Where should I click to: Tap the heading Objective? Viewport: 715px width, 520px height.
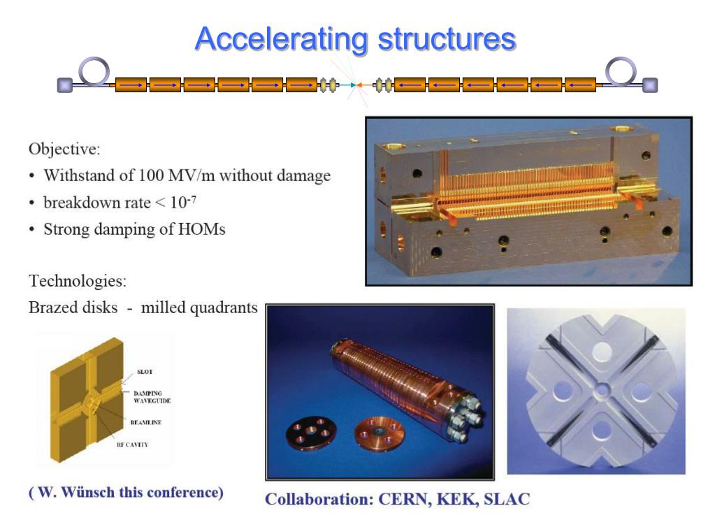tap(64, 149)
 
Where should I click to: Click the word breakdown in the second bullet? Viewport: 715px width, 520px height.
tap(81, 203)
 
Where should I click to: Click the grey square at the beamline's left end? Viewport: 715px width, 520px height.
tap(65, 85)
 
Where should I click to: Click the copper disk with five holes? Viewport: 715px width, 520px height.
tap(308, 434)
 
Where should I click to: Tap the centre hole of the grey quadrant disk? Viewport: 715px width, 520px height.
tap(595, 390)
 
